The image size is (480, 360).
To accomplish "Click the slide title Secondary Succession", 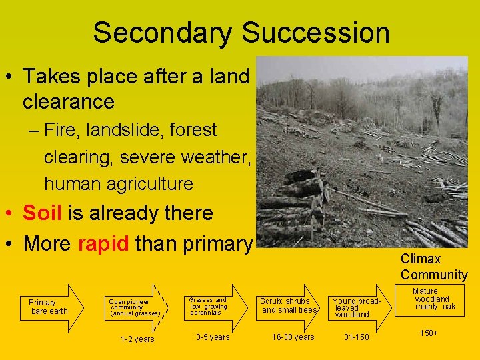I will pos(241,32).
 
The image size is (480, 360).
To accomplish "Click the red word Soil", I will pos(42,213).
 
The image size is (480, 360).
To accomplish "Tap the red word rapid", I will pos(103,243).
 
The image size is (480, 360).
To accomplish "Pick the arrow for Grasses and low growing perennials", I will pos(213,307).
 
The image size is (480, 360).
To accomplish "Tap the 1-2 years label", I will pos(137,339).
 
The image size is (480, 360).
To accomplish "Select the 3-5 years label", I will pos(213,337).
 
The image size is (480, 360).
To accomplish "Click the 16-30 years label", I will pos(293,337).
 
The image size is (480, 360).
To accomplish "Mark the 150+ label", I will pos(429,332).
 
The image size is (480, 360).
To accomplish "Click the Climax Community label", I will pos(434,267).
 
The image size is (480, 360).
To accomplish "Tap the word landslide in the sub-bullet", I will pos(128,130).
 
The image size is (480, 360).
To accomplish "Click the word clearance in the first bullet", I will pos(69,102).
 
